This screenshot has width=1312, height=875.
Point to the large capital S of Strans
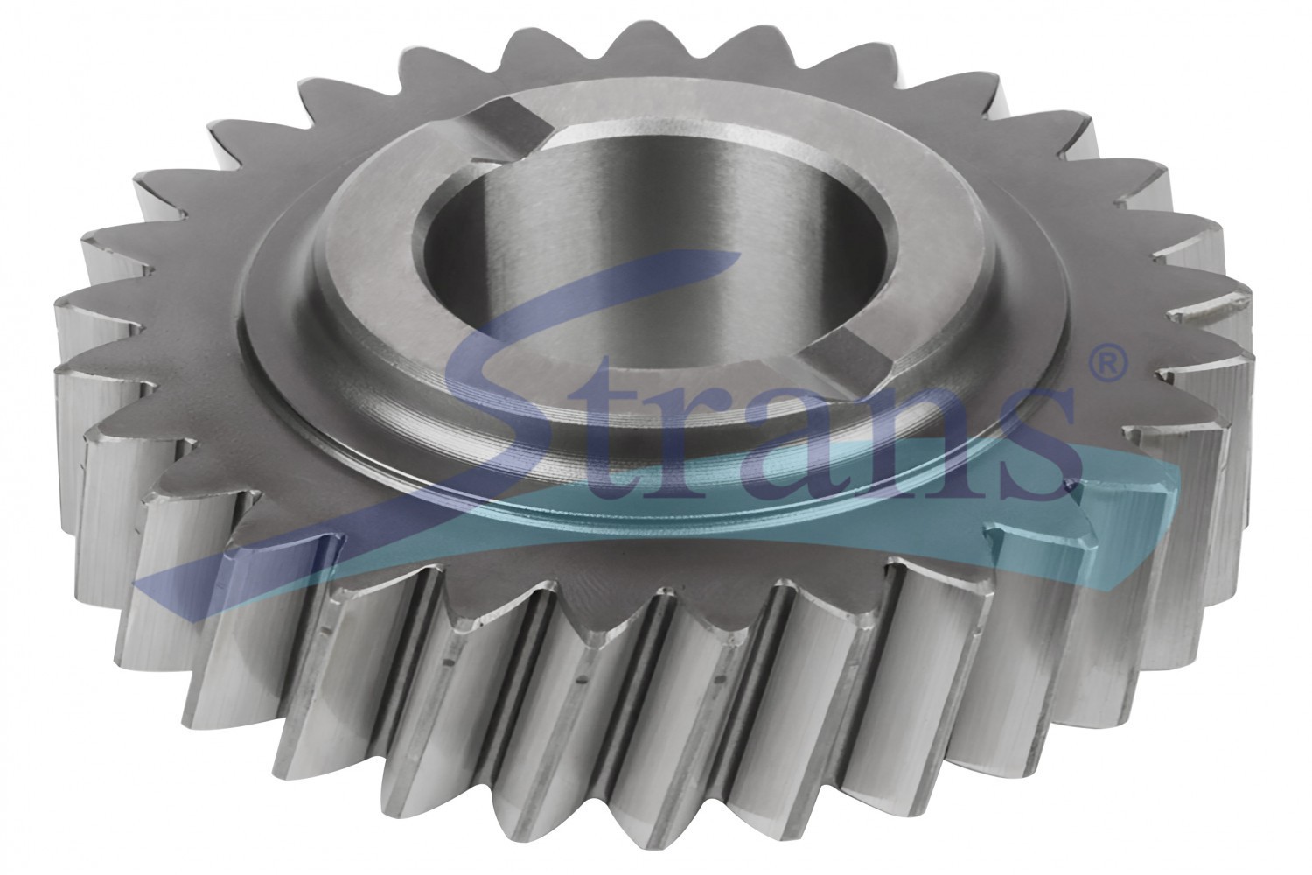tap(591, 381)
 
